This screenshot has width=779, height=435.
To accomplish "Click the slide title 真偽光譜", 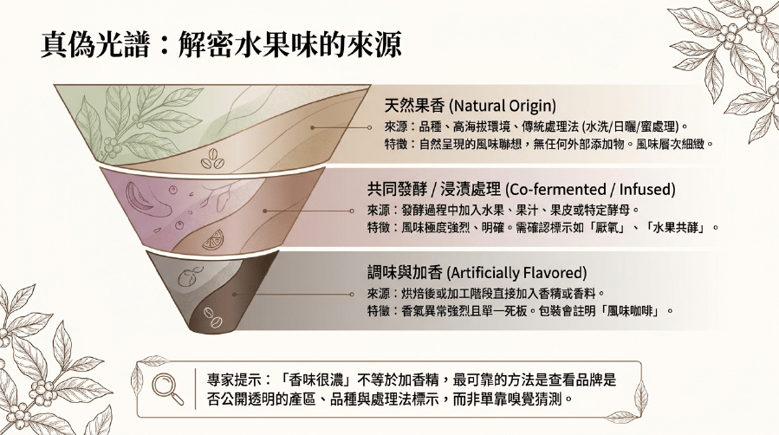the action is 94,45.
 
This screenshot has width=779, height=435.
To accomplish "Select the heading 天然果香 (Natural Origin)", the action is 470,105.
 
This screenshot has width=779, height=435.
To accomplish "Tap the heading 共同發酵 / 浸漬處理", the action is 434,189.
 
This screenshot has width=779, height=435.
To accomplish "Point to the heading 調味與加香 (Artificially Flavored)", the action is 477,273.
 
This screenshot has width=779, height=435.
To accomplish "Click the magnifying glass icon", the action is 167,389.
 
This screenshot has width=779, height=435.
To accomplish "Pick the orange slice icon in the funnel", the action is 213,239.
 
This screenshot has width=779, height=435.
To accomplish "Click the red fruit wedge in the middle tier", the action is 136,198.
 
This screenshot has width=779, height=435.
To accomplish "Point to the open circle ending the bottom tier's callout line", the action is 352,295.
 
